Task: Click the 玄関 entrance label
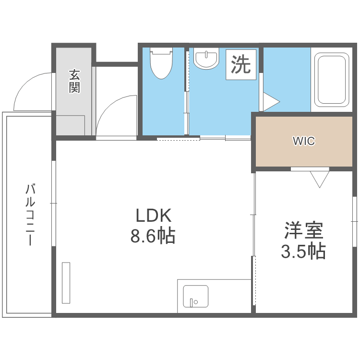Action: (x=74, y=81)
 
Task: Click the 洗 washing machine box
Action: (x=241, y=65)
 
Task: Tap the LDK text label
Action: (x=153, y=216)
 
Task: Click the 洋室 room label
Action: (x=303, y=231)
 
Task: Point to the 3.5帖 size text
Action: (x=303, y=251)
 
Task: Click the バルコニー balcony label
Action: (x=30, y=214)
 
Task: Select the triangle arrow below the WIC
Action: (x=319, y=179)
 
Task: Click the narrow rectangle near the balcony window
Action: (x=66, y=283)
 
